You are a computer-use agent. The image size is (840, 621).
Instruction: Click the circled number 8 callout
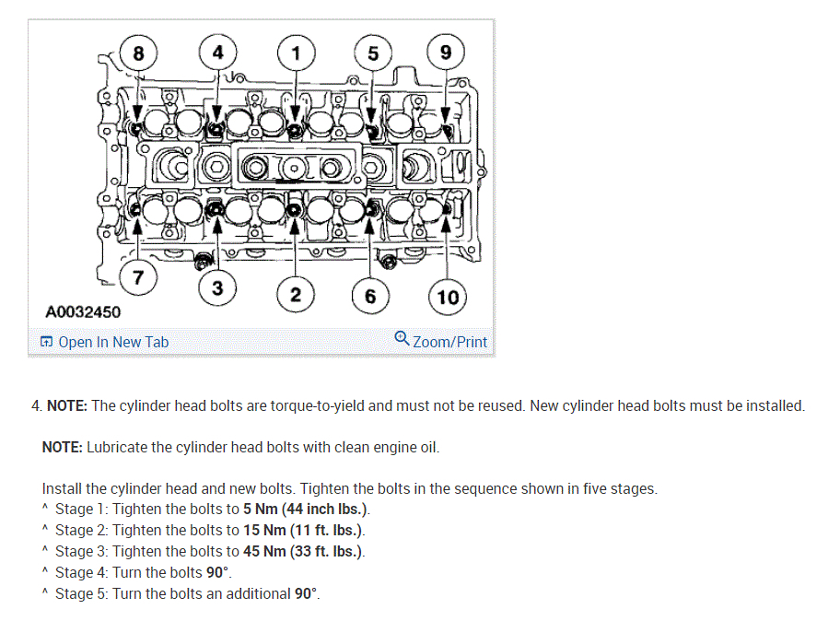(138, 53)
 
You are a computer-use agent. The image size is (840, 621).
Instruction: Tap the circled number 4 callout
(217, 53)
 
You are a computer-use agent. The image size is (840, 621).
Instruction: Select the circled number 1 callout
(296, 53)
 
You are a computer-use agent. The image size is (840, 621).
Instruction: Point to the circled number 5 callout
(372, 53)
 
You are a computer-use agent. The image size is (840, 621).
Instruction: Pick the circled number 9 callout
(446, 53)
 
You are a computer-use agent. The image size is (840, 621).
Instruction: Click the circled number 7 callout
(137, 277)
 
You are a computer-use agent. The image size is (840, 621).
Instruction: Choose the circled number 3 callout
(216, 288)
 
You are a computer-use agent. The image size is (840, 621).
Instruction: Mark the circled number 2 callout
(296, 295)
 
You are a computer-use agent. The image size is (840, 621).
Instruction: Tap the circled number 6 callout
(370, 296)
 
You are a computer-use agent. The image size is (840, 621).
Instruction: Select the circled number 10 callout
(448, 296)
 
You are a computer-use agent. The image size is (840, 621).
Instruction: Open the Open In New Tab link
(113, 342)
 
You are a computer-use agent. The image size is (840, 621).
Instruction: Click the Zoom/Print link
(449, 342)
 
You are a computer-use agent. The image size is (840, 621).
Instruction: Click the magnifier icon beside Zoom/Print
(402, 338)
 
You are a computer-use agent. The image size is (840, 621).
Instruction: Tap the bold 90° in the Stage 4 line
(217, 573)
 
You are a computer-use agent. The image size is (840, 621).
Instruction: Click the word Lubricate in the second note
(117, 448)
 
